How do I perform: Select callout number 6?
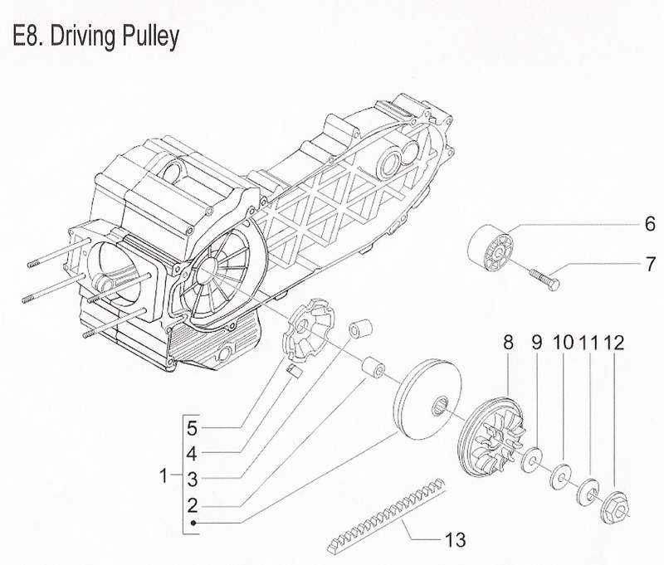pos(650,223)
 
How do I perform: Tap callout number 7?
pos(651,265)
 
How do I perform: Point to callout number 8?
pos(508,342)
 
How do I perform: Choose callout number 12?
pos(615,342)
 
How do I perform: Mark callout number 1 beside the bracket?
pos(164,476)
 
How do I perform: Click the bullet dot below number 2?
pos(193,524)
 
